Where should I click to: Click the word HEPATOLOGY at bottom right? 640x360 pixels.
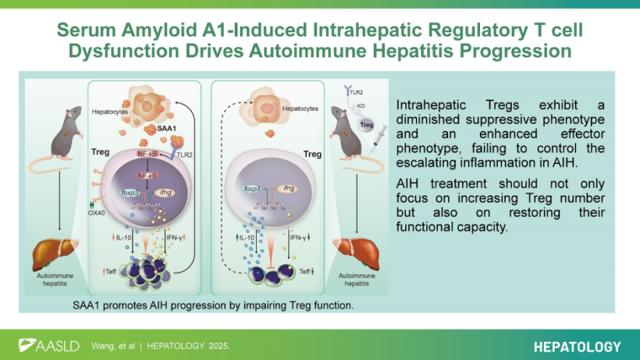coord(577,347)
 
